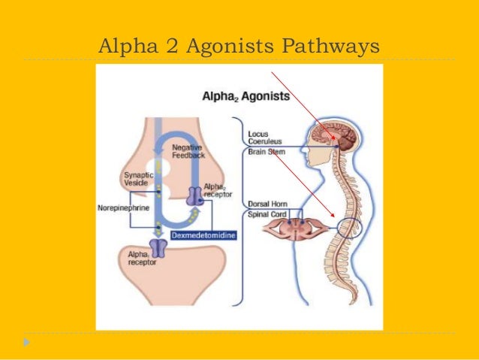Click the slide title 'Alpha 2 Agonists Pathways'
(239, 47)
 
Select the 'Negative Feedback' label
(186, 151)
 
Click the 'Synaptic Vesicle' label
(138, 180)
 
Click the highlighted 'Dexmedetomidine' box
(203, 235)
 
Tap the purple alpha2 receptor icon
(195, 197)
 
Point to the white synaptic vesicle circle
(156, 167)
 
